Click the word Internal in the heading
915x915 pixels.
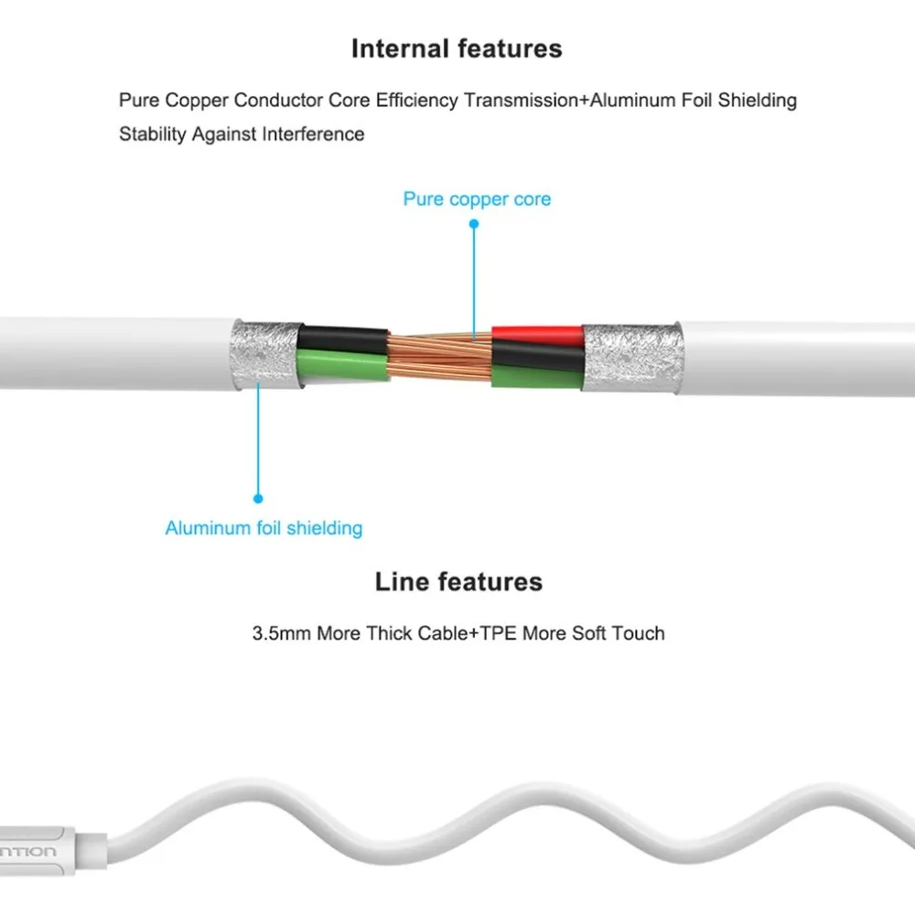coord(394,49)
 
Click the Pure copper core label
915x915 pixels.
coord(477,199)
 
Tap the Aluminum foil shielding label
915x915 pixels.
coord(264,528)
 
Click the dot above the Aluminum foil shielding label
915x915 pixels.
coord(258,499)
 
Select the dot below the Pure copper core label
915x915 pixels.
coord(475,223)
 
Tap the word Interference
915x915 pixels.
coord(313,135)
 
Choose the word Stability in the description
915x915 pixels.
coord(152,135)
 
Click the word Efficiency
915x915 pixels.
coord(415,100)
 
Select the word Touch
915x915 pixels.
coord(640,632)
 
